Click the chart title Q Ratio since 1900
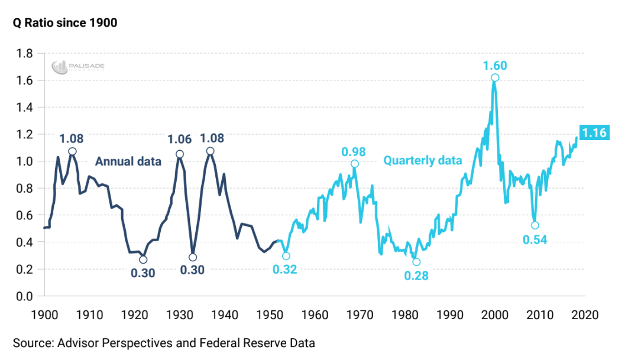(61, 23)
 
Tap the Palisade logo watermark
(78, 66)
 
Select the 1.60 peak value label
(494, 65)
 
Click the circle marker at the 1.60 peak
(495, 78)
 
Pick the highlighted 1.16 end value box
(594, 133)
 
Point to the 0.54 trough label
(535, 239)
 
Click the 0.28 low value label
(416, 275)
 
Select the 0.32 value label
(285, 270)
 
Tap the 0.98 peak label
(354, 151)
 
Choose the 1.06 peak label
(180, 140)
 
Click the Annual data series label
(128, 161)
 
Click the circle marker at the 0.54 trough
(535, 225)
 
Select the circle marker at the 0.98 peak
(354, 164)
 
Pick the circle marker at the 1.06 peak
(180, 154)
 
